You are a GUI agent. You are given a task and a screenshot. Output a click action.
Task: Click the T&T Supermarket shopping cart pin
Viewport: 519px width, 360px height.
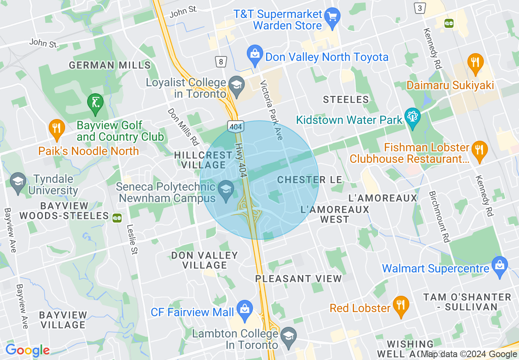[x=332, y=18]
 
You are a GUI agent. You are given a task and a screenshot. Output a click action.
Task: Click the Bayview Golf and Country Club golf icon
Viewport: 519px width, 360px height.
[x=95, y=102]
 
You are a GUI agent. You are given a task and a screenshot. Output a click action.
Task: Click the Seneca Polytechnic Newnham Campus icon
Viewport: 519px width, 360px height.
[x=226, y=190]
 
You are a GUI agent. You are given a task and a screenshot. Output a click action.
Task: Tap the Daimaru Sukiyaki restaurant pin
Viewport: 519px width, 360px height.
[x=475, y=63]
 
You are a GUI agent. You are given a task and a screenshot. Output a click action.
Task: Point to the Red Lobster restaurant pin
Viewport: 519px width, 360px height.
[x=400, y=305]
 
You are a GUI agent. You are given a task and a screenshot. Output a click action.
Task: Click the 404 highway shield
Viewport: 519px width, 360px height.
[x=236, y=127]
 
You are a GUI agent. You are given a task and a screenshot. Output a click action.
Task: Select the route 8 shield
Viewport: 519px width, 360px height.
[x=221, y=62]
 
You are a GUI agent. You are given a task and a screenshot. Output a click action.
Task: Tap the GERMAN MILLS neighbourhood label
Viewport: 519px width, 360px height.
[x=110, y=65]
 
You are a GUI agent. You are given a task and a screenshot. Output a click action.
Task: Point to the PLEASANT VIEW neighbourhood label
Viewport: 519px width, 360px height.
[x=298, y=279]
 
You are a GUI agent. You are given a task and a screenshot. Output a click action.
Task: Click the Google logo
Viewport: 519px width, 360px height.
[x=27, y=350]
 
